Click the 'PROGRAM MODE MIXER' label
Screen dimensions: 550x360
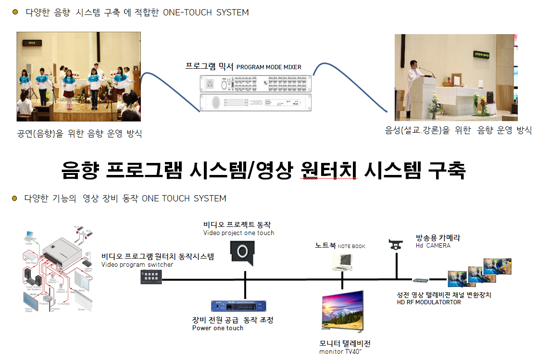point(269,67)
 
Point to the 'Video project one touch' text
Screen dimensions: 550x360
point(238,233)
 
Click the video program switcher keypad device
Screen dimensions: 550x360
point(151,276)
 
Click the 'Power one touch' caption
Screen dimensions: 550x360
point(218,328)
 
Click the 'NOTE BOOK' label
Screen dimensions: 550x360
point(351,247)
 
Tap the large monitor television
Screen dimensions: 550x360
point(342,310)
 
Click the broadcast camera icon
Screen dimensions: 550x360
point(396,245)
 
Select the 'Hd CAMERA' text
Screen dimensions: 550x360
point(433,246)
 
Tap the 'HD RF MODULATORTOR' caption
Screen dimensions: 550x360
point(429,302)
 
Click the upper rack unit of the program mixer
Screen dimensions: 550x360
point(255,84)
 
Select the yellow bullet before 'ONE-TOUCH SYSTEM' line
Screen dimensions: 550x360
point(14,12)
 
